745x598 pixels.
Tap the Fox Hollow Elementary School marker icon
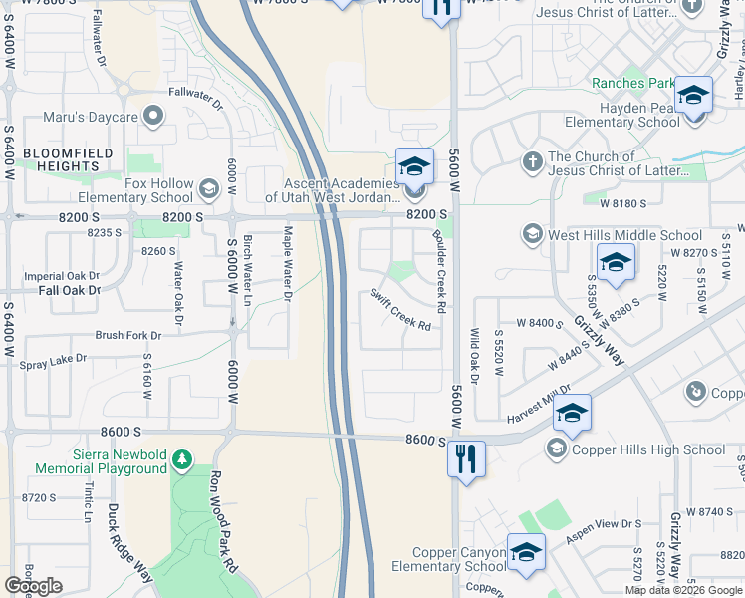pos(209,187)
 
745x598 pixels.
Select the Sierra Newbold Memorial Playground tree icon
pos(181,459)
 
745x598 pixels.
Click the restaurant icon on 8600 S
pos(466,459)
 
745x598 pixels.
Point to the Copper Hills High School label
pos(649,449)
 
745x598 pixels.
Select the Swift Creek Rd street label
pos(400,310)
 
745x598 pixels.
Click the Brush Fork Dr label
pos(127,336)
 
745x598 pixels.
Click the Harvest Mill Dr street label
pos(538,403)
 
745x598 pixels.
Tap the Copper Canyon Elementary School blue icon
pos(526,553)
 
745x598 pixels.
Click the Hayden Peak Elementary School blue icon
pos(693,95)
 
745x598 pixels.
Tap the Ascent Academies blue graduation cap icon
pos(414,166)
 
